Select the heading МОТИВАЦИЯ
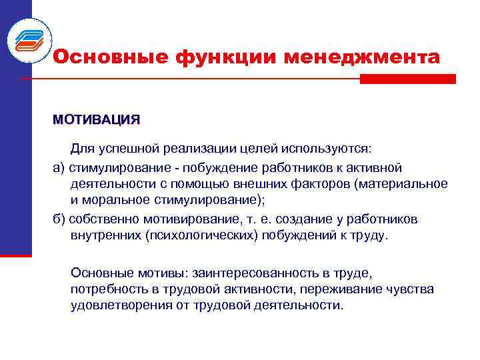[97, 120]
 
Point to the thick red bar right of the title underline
[407, 79]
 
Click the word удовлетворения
[124, 306]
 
